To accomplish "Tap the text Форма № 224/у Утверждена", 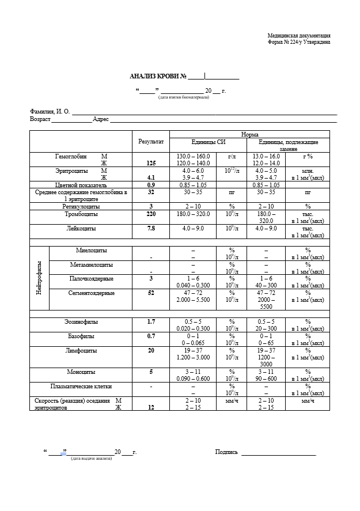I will click(299, 42).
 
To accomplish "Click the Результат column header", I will click(151, 141).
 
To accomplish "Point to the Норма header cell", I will click(249, 134).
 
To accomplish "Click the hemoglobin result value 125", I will click(151, 163).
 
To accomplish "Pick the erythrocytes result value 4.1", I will click(151, 178).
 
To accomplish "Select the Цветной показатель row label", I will click(81, 186).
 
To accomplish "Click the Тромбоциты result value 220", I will click(151, 214).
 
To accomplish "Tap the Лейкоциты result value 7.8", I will click(151, 228).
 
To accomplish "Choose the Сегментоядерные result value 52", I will click(151, 293).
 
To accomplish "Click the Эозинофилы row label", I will click(81, 321).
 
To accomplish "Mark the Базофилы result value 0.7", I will click(151, 335).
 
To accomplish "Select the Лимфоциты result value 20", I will click(151, 350).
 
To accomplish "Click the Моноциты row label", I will click(81, 372).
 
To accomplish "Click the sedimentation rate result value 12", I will click(151, 407).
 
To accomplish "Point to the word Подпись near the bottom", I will click(226, 452).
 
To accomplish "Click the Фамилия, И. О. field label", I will click(50, 111).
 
